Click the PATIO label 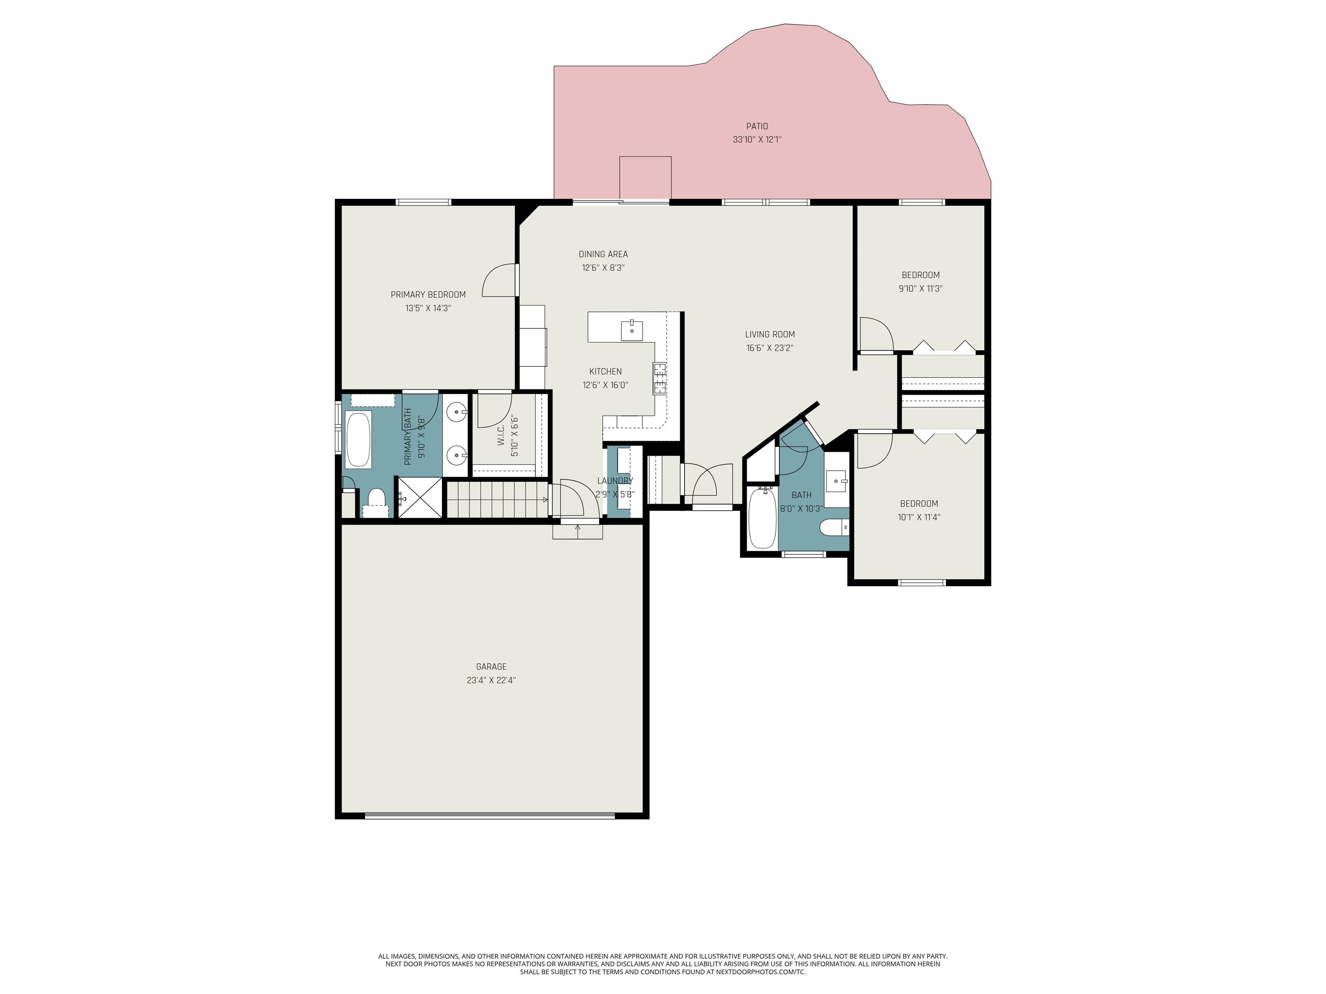click(x=757, y=126)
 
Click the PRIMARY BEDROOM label click(x=428, y=295)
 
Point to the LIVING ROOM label click(x=770, y=334)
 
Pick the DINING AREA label click(x=603, y=254)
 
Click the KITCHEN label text click(x=606, y=371)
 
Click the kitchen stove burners click(x=660, y=378)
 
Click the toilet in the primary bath click(x=376, y=502)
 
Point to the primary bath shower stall click(x=421, y=497)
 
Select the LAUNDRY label click(x=615, y=481)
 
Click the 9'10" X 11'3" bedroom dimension click(x=921, y=289)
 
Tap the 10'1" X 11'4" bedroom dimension click(x=919, y=518)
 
